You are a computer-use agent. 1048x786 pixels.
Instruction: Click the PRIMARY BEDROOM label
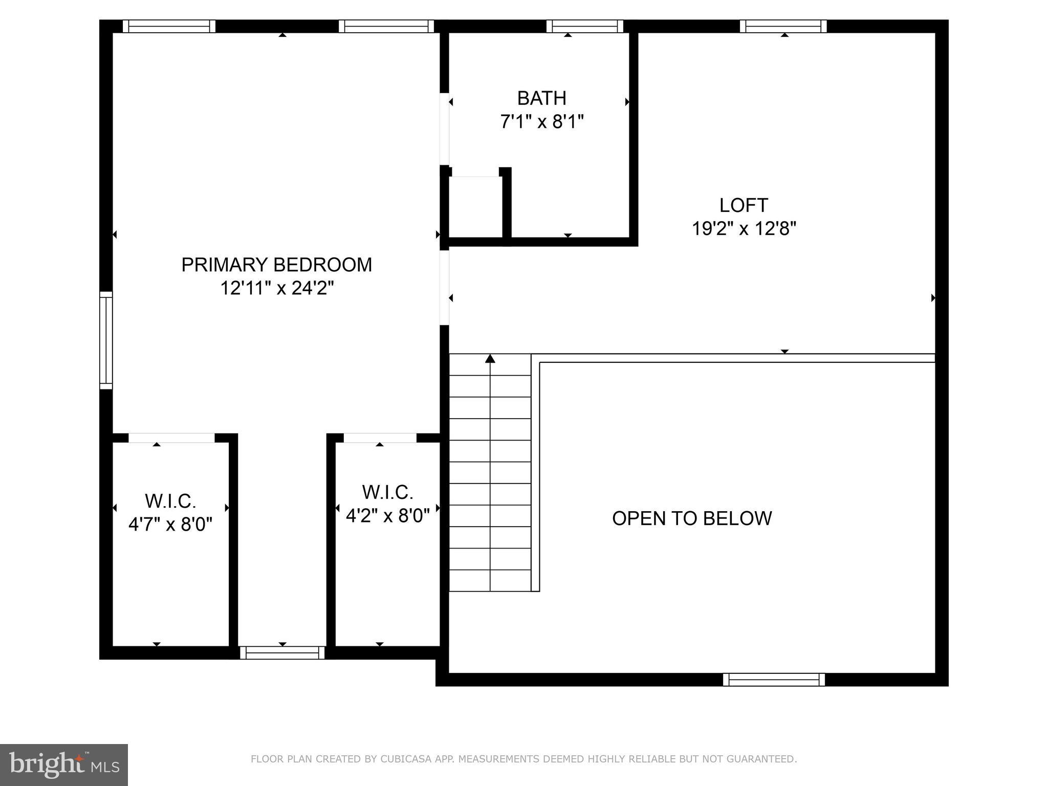276,265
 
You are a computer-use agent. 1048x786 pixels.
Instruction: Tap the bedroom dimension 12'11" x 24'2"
276,288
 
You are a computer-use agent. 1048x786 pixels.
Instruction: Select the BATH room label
541,98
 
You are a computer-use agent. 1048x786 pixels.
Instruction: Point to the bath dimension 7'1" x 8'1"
541,122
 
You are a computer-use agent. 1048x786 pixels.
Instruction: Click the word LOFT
743,205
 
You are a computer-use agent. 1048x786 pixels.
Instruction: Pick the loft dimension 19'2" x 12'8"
744,228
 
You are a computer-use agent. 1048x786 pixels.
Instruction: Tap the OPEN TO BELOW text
691,518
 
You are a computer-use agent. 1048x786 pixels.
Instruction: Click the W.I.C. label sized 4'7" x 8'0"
170,501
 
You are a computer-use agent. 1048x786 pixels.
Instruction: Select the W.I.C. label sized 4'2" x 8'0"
387,492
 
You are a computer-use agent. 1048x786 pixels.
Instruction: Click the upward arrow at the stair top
490,359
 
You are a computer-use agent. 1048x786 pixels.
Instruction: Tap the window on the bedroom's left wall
105,340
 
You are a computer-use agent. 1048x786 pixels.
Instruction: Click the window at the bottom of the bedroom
282,652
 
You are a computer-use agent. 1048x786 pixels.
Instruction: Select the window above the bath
584,26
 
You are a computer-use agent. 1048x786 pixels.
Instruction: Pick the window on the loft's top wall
783,26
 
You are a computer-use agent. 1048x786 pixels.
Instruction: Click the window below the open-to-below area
774,680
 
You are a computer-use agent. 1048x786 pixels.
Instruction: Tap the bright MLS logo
63,765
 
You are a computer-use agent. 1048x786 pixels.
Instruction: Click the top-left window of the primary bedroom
169,26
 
